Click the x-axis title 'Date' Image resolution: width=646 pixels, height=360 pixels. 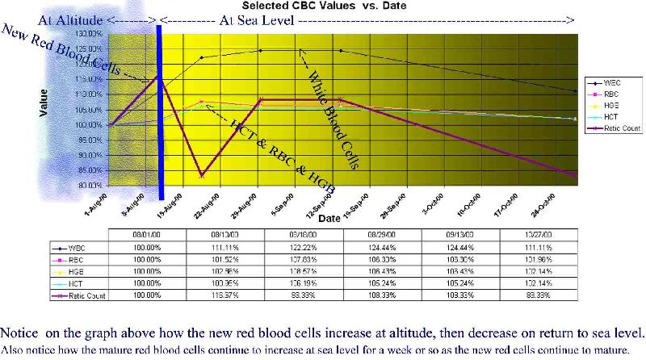[x=328, y=219]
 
